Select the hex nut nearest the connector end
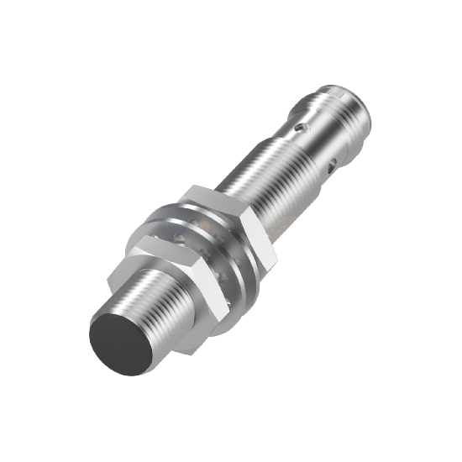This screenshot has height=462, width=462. [225, 227]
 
